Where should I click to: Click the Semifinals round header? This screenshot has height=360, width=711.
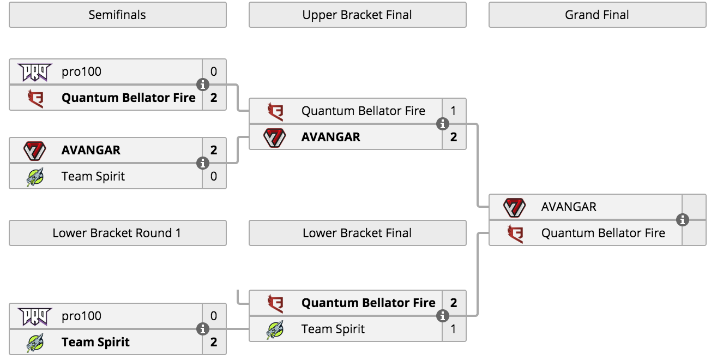click(117, 15)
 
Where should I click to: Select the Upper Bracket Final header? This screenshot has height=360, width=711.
click(357, 15)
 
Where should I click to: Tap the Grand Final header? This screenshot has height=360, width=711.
click(598, 15)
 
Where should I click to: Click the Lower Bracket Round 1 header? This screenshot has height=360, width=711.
click(117, 233)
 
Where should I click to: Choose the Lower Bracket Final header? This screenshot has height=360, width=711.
click(357, 233)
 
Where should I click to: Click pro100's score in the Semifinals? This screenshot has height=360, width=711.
click(214, 72)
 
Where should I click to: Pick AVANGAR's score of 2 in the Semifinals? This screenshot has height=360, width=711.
click(214, 150)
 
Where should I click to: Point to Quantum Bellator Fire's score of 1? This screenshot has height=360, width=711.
click(454, 111)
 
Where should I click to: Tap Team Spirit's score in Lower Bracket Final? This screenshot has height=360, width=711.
click(454, 329)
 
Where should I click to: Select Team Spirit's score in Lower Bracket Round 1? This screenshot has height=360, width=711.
click(214, 342)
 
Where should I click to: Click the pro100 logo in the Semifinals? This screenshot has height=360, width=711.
click(34, 72)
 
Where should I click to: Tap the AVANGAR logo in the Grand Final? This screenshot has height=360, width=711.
click(515, 207)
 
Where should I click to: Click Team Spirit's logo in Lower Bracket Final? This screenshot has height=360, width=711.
click(275, 329)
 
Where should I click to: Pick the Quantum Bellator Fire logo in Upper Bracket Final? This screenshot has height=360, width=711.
click(275, 111)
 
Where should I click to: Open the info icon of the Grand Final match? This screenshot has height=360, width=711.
click(683, 220)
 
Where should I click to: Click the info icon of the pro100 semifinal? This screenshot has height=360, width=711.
click(203, 85)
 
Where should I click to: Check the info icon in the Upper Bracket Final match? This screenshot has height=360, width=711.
click(443, 124)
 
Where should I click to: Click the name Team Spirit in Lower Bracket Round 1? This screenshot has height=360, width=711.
click(95, 342)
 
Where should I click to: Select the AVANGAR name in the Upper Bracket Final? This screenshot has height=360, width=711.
click(331, 137)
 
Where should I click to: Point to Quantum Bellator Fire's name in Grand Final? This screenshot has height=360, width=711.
click(603, 233)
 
